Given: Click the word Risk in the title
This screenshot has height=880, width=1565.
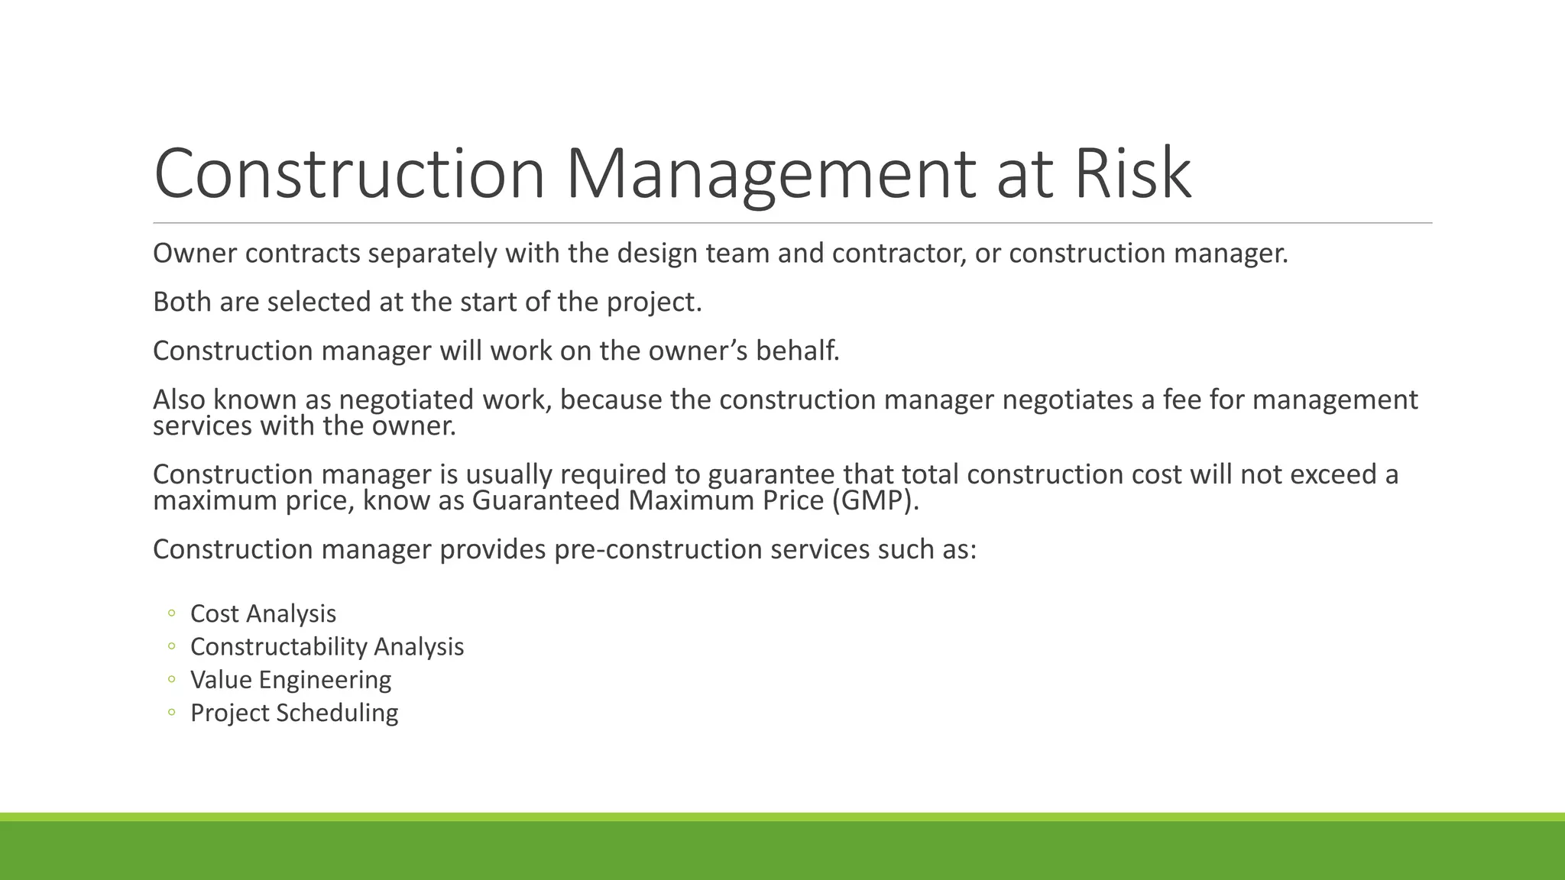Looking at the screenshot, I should click(1133, 173).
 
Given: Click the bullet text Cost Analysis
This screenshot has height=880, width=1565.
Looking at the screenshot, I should click(263, 613).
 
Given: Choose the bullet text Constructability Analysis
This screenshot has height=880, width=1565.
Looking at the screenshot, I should click(327, 646).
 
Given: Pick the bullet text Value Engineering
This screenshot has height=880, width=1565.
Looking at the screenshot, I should click(290, 680).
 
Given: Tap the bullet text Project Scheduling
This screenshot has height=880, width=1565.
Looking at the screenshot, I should click(294, 713).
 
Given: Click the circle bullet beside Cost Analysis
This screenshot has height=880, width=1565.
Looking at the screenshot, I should click(172, 613).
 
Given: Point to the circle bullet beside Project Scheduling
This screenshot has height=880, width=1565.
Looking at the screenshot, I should click(172, 713).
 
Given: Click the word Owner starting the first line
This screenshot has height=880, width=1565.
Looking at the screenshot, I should click(195, 254).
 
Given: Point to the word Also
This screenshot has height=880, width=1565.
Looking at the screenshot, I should click(179, 400).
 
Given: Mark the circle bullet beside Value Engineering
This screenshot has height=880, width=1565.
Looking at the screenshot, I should click(172, 680).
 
